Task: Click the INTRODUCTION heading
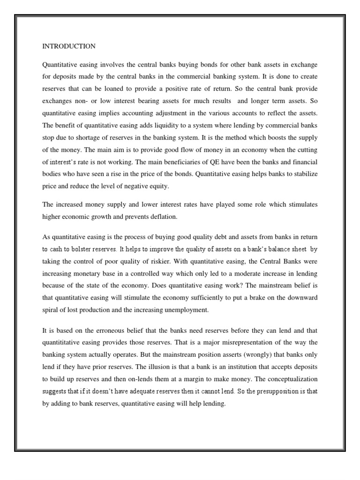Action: tap(69, 46)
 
